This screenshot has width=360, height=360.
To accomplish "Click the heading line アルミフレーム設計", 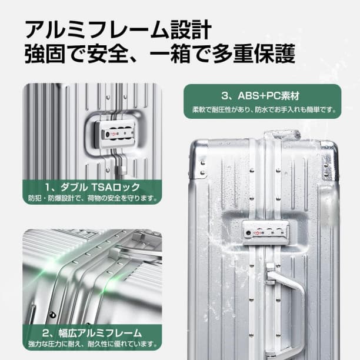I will [117, 29].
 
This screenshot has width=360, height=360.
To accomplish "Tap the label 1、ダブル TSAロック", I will [92, 186].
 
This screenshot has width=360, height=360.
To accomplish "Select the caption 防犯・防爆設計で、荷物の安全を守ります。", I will [92, 198].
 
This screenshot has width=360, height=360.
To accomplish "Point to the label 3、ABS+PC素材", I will [261, 95].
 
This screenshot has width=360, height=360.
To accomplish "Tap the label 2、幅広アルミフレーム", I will [92, 332].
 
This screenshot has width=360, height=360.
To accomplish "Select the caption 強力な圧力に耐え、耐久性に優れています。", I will [92, 344].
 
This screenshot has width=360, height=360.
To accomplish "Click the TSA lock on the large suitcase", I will [265, 232].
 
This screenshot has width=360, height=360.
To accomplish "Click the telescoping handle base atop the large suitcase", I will [281, 136].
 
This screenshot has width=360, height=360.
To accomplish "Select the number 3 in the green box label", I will [224, 95].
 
